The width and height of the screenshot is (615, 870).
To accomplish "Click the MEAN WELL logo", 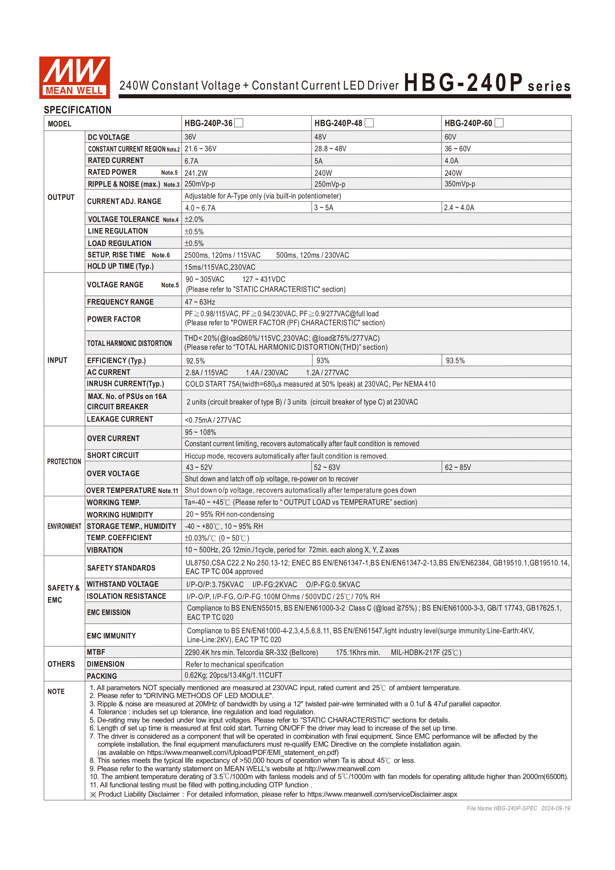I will pos(74,77).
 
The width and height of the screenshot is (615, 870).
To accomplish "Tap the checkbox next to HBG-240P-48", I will pos(369,123).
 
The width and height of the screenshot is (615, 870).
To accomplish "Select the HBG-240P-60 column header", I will pos(468,123).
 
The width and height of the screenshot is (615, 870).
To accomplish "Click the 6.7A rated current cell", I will pos(191,161).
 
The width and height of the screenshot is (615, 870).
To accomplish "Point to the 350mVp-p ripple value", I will pos(460,184).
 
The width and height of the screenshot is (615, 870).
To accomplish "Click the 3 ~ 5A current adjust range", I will pos(324,208).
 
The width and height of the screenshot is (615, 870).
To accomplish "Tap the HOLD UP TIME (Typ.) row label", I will pos(121,266).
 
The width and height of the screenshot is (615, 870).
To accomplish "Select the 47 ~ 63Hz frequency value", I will pos(200,302).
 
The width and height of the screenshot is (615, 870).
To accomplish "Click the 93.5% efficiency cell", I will pos(455,361).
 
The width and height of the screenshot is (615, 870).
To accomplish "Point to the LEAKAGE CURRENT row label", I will pos(120,419).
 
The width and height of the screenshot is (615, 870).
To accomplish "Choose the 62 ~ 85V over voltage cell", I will pos(458,467).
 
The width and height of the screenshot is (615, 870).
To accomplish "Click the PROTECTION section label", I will pos(64,461).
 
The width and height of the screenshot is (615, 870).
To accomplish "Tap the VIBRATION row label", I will pos(105,550).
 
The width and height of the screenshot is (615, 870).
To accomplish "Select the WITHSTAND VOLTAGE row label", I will pos(122,584).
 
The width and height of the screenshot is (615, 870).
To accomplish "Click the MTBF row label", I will pos(96,652).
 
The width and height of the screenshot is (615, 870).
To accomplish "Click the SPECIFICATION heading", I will pos(78,110).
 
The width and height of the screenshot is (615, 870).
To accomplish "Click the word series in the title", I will pos(549,86).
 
